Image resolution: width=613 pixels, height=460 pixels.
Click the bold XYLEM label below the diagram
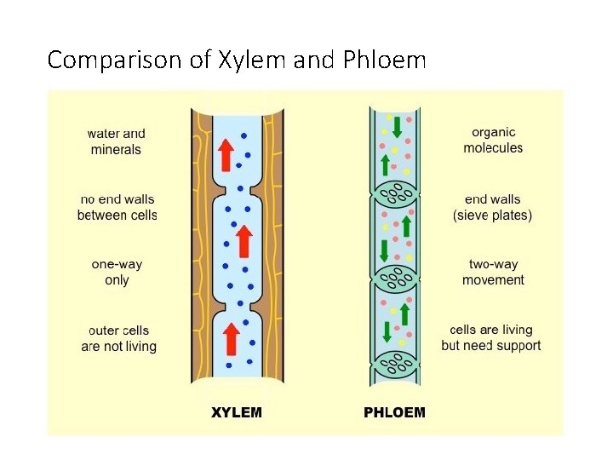pos(237,413)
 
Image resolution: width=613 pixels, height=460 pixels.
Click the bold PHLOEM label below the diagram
pos(394,413)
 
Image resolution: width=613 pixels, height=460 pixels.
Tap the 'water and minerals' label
pos(116,141)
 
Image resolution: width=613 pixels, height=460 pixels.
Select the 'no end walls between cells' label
pos(117,207)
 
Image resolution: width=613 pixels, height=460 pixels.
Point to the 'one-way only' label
pos(117,272)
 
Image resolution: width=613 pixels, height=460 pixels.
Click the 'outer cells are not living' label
pos(119,338)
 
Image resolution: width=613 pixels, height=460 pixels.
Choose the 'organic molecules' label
pos(493,140)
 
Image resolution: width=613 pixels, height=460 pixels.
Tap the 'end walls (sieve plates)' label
pos(492,207)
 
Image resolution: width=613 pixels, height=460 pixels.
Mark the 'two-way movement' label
pos(493,272)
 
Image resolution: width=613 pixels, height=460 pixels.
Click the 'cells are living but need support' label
pos(491,337)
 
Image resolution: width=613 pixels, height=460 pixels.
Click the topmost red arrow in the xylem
pos(226,153)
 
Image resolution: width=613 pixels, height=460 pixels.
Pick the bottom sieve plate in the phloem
pos(394,365)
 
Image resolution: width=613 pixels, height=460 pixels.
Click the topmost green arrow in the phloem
pos(397,124)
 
